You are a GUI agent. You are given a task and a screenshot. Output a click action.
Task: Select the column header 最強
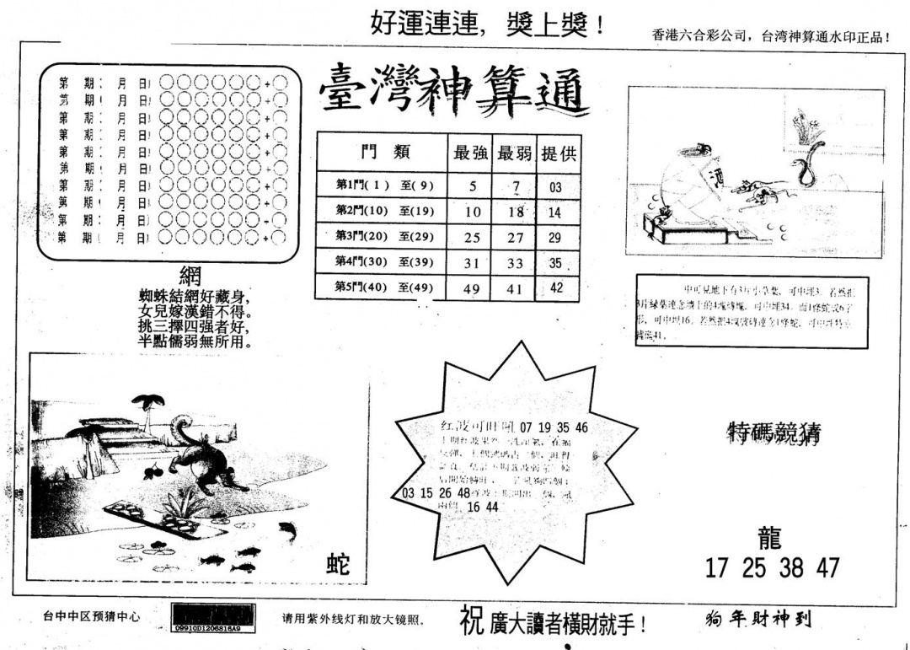coord(471,153)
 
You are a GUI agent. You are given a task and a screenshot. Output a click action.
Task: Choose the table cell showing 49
coord(472,289)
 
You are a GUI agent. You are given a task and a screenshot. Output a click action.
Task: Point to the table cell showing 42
coord(556,287)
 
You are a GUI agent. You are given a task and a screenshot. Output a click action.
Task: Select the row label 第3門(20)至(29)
coord(383,237)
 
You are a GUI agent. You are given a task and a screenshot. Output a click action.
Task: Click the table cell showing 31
coord(471,263)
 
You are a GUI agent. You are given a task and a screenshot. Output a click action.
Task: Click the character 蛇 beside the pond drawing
coord(338,564)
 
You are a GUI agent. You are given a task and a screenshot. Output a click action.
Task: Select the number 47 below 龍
coord(827,568)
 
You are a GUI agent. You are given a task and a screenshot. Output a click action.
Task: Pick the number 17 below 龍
coord(716,568)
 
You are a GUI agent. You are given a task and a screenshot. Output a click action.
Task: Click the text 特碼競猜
coord(773,434)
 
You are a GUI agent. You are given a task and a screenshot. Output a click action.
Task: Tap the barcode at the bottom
coord(214,615)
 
